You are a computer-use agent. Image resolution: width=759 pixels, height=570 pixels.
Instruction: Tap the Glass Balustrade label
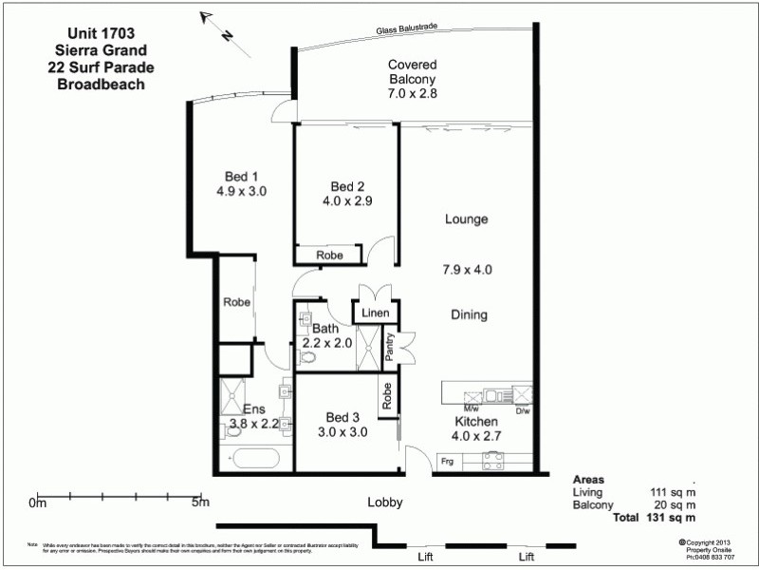click(405, 31)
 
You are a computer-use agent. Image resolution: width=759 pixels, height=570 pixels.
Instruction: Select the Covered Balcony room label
click(412, 65)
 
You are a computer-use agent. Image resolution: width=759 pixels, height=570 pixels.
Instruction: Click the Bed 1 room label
click(241, 177)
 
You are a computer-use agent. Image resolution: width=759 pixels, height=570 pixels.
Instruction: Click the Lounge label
click(466, 219)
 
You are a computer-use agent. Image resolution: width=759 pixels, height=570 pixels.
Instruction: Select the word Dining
click(468, 315)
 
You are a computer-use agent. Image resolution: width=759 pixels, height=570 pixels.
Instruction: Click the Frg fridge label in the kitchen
click(447, 462)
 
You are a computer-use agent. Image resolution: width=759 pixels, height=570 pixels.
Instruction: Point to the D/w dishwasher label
click(523, 411)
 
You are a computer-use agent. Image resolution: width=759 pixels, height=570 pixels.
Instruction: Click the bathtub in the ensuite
click(253, 459)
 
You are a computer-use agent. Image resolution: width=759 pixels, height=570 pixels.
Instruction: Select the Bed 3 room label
click(342, 417)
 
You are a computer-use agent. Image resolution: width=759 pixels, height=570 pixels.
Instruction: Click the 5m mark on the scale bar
click(200, 503)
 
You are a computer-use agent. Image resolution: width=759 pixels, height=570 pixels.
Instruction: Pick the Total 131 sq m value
click(673, 519)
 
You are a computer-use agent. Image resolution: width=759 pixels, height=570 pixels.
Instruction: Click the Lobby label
click(385, 503)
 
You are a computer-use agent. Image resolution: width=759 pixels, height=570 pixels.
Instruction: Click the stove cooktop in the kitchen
click(493, 460)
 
